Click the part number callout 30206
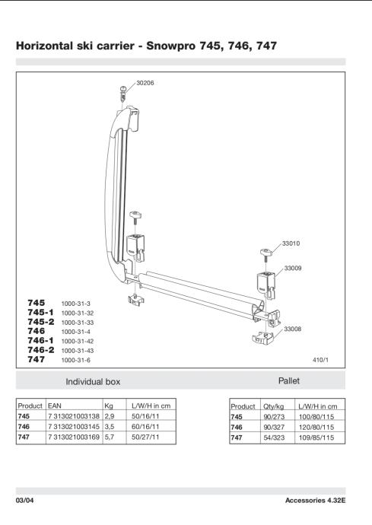point(145,83)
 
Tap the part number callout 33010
point(291,243)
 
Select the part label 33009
point(293,268)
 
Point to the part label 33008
point(292,329)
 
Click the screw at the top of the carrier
point(123,92)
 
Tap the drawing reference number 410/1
point(320,360)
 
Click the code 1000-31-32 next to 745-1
point(78,313)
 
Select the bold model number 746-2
point(40,350)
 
